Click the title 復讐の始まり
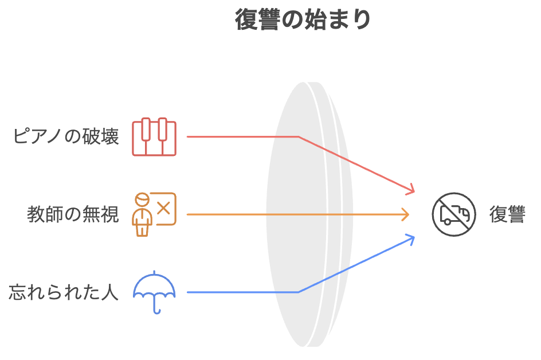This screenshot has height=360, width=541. tap(303, 19)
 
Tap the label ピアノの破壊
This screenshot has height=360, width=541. tap(66, 137)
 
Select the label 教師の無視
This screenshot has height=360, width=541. tap(73, 214)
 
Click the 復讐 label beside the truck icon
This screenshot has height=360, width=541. tap(507, 214)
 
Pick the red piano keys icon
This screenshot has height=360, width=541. tap(154, 138)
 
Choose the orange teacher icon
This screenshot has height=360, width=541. tap(154, 214)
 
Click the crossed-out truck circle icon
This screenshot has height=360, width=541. tap(454, 214)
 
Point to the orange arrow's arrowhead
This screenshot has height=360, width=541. tap(406, 214)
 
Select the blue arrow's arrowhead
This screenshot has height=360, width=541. tap(411, 238)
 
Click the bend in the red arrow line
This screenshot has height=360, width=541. tap(299, 137)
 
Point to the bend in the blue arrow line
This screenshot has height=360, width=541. tap(299, 292)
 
